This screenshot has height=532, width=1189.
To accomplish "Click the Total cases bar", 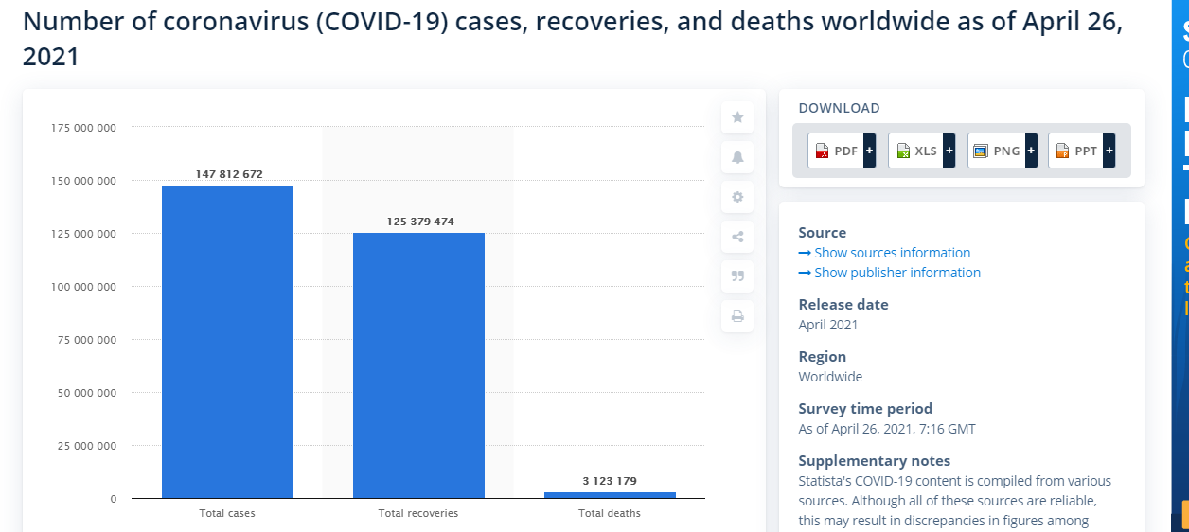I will pyautogui.click(x=227, y=341).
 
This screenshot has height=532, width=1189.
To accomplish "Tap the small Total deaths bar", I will pyautogui.click(x=610, y=494).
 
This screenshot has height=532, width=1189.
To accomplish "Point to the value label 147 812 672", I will pyautogui.click(x=229, y=174).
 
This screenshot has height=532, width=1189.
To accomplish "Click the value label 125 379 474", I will pyautogui.click(x=420, y=222).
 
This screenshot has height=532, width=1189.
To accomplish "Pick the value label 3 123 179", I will pyautogui.click(x=610, y=481).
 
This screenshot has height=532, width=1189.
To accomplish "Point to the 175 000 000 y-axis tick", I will pyautogui.click(x=84, y=128).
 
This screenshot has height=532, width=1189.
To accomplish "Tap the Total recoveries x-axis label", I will pyautogui.click(x=418, y=513).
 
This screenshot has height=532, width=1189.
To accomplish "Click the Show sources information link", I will pyautogui.click(x=892, y=253).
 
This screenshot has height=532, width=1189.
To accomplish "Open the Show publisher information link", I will pyautogui.click(x=896, y=273).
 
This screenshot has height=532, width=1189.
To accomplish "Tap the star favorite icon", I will pyautogui.click(x=737, y=117).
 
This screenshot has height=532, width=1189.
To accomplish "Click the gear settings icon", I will pyautogui.click(x=737, y=197).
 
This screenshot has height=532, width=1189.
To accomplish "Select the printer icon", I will pyautogui.click(x=737, y=316).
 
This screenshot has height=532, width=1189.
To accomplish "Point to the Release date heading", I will pyautogui.click(x=843, y=305).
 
